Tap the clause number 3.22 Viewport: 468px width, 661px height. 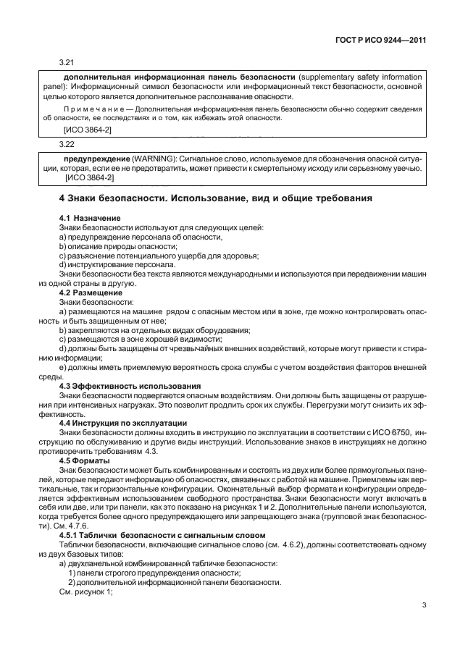pyautogui.click(x=67, y=144)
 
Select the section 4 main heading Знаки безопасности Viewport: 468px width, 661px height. pyautogui.click(x=215, y=197)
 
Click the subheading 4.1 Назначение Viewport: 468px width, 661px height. pyautogui.click(x=91, y=218)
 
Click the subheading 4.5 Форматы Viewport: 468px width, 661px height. pyautogui.click(x=84, y=460)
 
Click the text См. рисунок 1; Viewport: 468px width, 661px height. pyautogui.click(x=86, y=591)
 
